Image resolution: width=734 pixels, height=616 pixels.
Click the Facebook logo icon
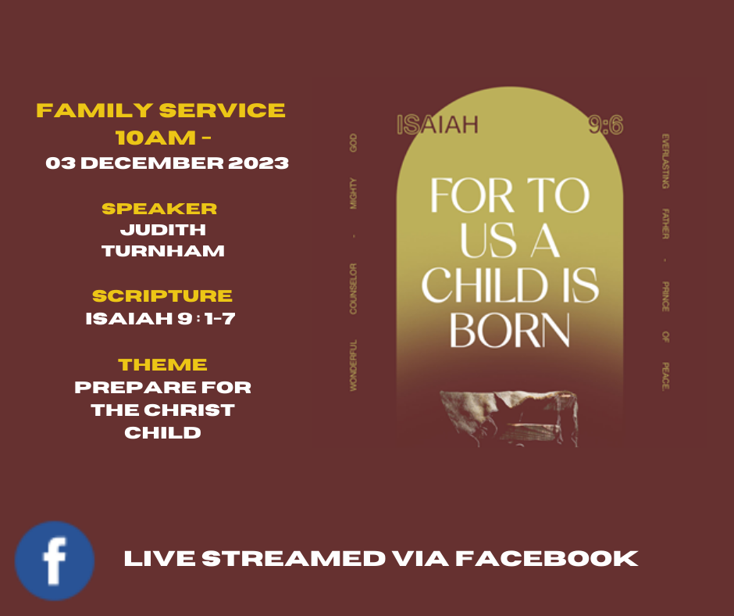[55, 560]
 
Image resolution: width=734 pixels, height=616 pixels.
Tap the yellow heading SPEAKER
[159, 209]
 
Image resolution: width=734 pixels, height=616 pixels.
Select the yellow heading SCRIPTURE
[162, 295]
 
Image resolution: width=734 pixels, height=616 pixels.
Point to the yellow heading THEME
[162, 365]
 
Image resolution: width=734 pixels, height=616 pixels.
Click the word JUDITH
[163, 230]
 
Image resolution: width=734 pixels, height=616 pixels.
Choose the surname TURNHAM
[163, 251]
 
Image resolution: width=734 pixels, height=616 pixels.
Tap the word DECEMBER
[152, 163]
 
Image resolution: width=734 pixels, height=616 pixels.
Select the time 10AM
[156, 138]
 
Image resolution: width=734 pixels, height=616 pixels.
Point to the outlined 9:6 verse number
[606, 126]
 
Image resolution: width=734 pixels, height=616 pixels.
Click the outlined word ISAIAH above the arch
[438, 125]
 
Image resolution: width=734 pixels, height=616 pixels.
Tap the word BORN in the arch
[510, 331]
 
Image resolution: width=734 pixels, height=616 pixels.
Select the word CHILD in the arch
[484, 285]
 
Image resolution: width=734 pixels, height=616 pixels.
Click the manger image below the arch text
[509, 417]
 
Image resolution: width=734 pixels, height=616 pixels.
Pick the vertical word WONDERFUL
[354, 365]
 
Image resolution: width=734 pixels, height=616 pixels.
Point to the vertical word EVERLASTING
[665, 161]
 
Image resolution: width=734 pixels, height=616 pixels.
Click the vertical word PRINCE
[665, 296]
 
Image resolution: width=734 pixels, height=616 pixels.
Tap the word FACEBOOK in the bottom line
[547, 559]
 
